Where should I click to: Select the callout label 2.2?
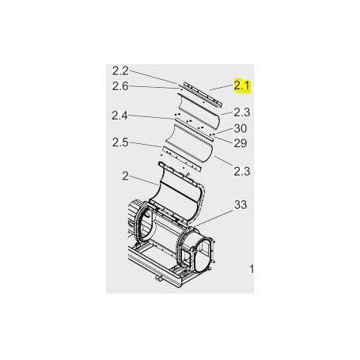pos(121,71)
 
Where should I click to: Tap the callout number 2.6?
pos(121,85)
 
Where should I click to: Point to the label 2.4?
pos(121,116)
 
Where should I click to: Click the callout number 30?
pos(241,129)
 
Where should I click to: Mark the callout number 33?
pos(241,206)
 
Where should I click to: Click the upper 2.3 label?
pos(242,112)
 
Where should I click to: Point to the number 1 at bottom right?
pos(252,269)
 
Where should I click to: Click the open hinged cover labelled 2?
pos(178,190)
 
